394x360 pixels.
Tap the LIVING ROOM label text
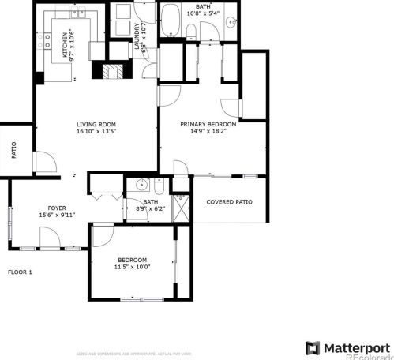(96, 125)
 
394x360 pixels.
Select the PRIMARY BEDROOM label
(208, 125)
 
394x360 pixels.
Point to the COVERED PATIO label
(229, 202)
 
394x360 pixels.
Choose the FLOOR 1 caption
(20, 272)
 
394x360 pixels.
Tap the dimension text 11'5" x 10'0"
(132, 268)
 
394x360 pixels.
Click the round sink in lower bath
(141, 186)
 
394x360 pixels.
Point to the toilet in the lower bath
(159, 187)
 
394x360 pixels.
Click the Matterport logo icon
(313, 347)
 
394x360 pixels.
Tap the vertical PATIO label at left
(13, 150)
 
